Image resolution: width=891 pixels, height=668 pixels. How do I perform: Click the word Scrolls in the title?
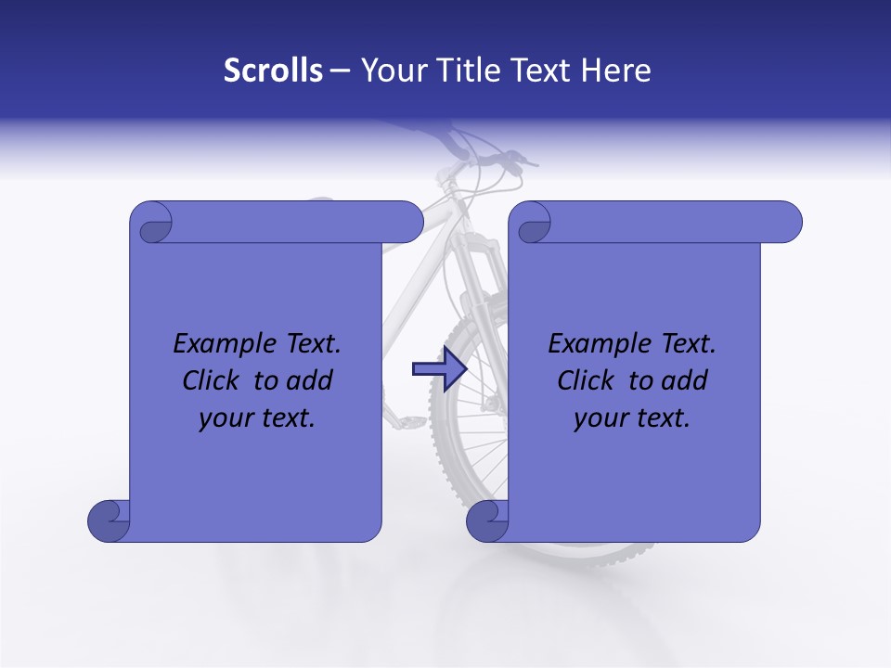(273, 71)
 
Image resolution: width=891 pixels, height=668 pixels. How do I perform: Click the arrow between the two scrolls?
(439, 369)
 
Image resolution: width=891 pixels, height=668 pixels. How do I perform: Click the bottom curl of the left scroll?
(110, 521)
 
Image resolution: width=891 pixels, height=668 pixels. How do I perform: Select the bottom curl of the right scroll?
(488, 521)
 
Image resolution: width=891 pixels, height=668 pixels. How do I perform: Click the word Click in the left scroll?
(212, 380)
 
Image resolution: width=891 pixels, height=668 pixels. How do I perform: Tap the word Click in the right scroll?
(587, 380)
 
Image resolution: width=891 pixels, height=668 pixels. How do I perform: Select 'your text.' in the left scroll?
(257, 417)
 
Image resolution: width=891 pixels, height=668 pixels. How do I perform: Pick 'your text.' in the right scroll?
(632, 417)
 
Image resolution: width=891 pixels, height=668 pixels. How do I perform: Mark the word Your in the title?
(389, 71)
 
